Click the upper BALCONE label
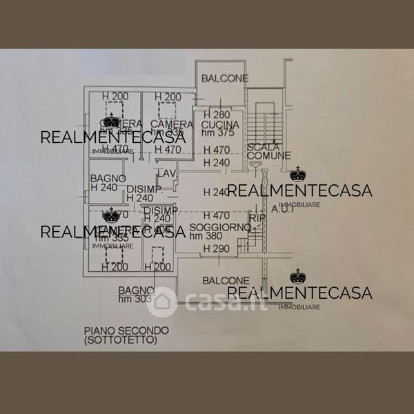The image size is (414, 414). coord(225,79)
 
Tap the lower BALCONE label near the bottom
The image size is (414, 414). coord(226,281)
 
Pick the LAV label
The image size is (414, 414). coord(166,172)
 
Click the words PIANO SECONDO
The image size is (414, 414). coord(110,331)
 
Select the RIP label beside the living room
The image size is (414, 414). coord(257,218)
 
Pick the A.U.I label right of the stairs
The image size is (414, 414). coord(284,208)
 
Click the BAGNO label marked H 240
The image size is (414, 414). coord(108,178)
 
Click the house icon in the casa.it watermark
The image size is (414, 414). coord(161,301)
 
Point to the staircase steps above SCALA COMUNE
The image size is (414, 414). coord(263,124)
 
